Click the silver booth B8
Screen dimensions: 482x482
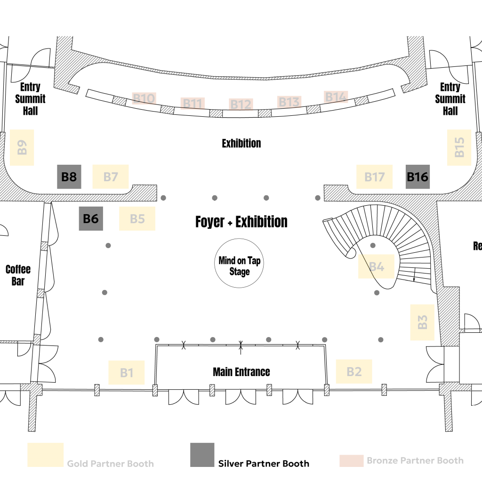(x=69, y=177)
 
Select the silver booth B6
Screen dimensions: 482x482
(x=91, y=218)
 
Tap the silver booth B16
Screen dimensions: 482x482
(x=418, y=177)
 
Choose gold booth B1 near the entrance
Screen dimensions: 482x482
(x=126, y=372)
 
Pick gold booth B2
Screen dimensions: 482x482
(x=354, y=371)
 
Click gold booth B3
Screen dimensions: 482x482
(x=422, y=322)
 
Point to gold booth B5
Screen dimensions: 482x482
(x=137, y=219)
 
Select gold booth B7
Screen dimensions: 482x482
(x=111, y=177)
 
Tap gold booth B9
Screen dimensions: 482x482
(x=22, y=147)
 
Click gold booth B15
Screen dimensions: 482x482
(x=459, y=147)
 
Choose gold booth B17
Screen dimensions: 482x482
(x=374, y=177)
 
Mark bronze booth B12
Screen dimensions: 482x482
(x=241, y=104)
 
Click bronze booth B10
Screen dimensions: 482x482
(x=144, y=98)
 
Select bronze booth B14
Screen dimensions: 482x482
(x=336, y=97)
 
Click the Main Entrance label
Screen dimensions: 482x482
(x=241, y=372)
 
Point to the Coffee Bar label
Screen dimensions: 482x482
(x=18, y=275)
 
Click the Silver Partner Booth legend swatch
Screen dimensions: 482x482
(x=202, y=455)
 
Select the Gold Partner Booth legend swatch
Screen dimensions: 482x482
(x=45, y=455)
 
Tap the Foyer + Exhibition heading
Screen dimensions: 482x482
(x=241, y=222)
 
